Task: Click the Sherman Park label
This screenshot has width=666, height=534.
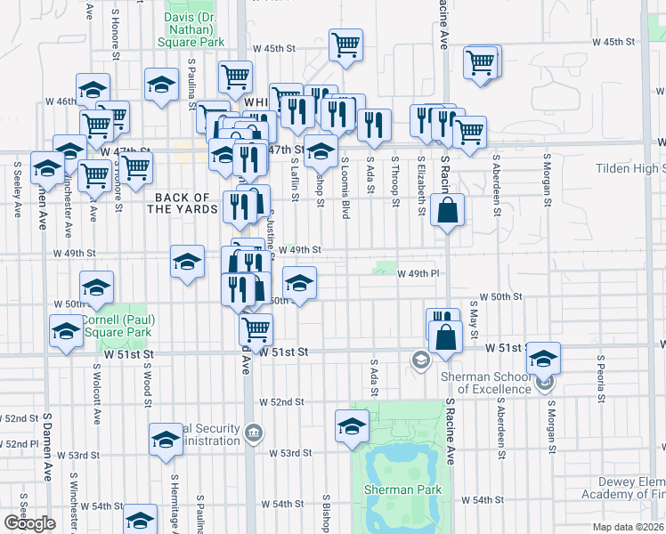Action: click(401, 489)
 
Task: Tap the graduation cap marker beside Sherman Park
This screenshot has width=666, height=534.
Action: click(352, 425)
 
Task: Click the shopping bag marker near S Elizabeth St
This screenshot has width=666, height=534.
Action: click(447, 211)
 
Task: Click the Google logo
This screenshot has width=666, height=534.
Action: click(29, 523)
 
